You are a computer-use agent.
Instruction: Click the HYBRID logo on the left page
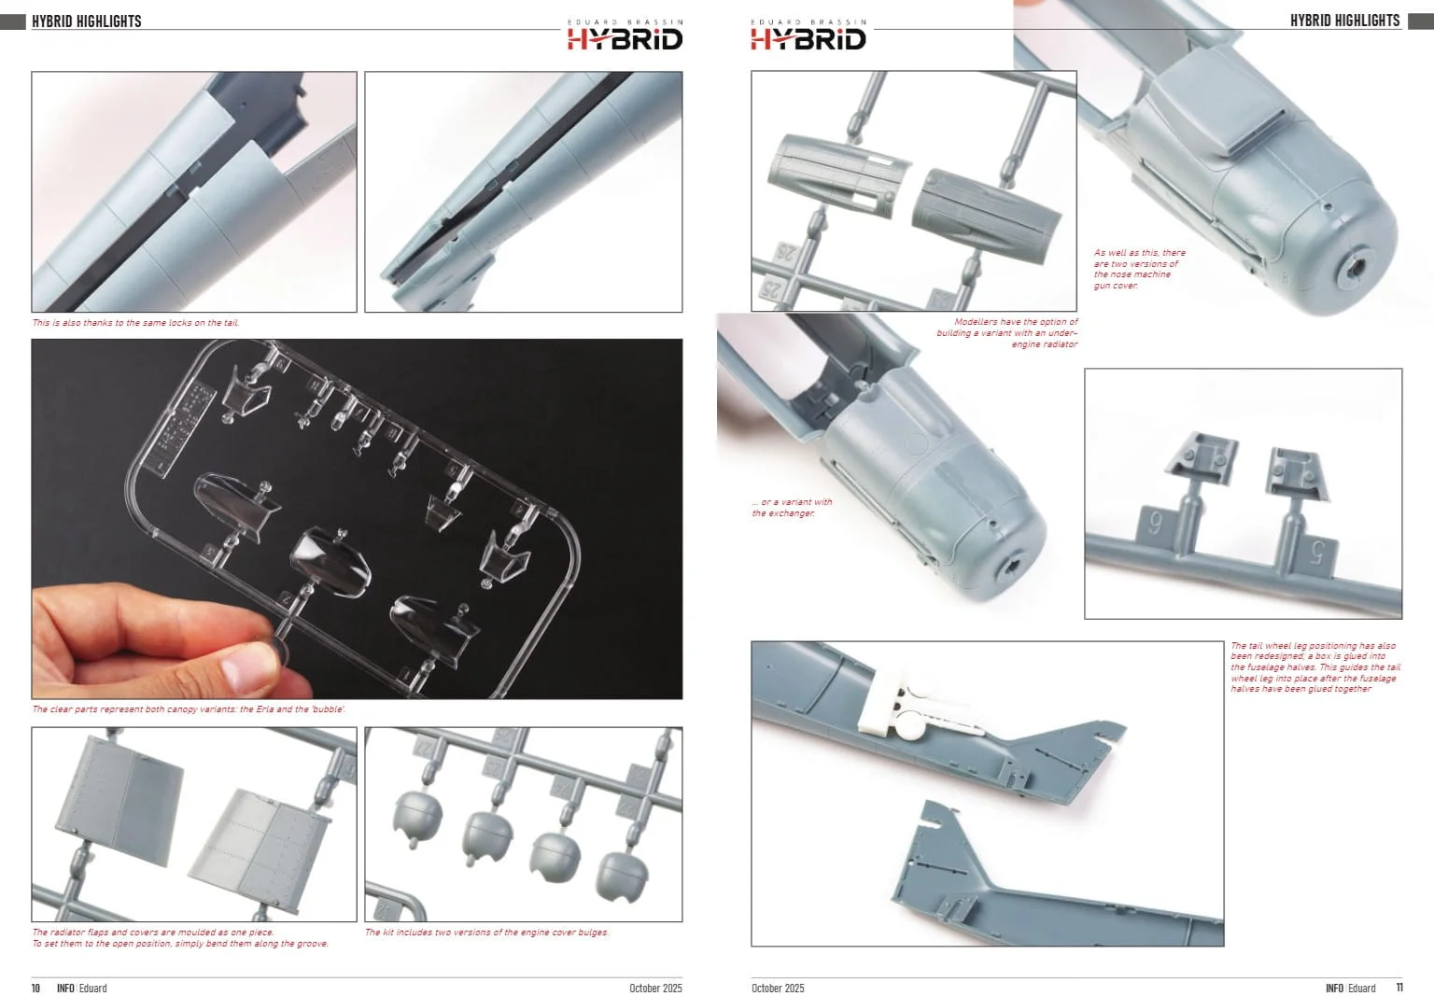tap(625, 35)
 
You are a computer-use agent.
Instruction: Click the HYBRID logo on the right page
tap(808, 35)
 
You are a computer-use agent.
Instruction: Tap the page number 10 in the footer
tap(35, 988)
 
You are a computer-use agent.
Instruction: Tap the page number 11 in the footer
tap(1399, 988)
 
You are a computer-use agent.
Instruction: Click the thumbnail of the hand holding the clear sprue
tap(357, 518)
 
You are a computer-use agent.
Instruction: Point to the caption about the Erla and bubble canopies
tap(189, 709)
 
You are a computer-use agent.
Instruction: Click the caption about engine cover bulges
tap(486, 932)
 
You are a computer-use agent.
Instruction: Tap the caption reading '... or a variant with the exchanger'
tap(792, 508)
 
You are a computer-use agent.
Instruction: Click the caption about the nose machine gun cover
tap(1140, 269)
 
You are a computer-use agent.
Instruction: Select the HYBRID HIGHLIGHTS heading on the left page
tap(87, 21)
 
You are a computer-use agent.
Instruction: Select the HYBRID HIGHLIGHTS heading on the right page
tap(1345, 21)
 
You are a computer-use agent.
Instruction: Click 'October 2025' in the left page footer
tap(655, 988)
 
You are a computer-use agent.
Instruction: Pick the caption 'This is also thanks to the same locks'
tap(135, 323)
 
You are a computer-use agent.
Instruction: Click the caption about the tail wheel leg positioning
tap(1314, 667)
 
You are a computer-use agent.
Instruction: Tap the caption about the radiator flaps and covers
tap(180, 938)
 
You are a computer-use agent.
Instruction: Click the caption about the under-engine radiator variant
tap(1007, 333)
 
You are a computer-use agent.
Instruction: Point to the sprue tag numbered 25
tap(772, 290)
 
